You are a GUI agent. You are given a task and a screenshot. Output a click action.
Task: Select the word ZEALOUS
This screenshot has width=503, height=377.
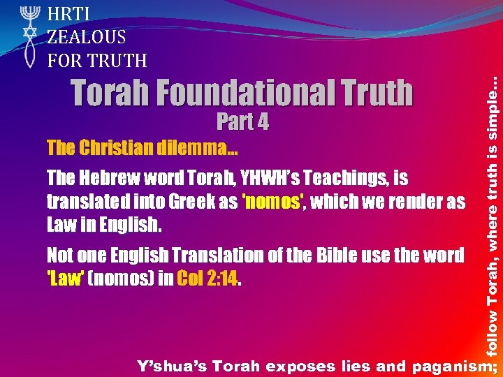point(87,37)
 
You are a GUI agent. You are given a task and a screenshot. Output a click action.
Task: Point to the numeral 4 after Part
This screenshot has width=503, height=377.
point(262,122)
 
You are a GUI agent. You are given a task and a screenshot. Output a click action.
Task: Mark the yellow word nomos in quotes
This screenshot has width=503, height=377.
point(272,202)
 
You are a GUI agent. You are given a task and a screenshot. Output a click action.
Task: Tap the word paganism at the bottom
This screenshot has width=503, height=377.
point(452,365)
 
